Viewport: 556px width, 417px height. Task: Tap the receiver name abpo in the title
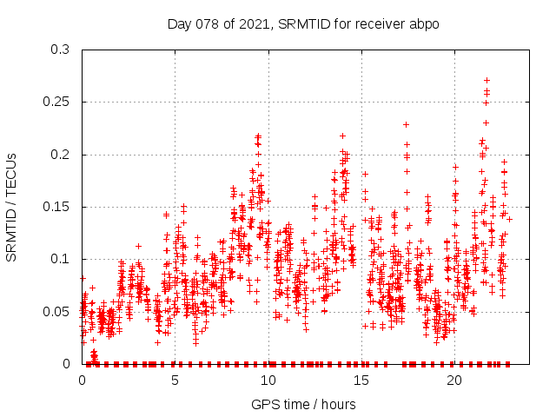[x=425, y=23]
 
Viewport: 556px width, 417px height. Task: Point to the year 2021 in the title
[x=248, y=23]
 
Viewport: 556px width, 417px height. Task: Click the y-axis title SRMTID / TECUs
[x=11, y=207]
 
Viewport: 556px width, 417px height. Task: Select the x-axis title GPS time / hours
[x=303, y=404]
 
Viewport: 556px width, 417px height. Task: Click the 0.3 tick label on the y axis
[x=60, y=50]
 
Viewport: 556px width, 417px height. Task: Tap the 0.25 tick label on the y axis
[x=56, y=102]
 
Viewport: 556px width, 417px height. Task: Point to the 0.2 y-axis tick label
[x=60, y=155]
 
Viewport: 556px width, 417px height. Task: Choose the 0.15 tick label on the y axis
[x=56, y=207]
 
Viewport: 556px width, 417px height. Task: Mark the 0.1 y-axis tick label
[x=60, y=259]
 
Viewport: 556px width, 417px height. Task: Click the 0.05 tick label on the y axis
[x=56, y=311]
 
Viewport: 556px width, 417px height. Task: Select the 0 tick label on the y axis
[x=67, y=364]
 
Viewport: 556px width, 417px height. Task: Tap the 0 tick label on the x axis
[x=83, y=380]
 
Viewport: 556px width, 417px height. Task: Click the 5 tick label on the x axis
[x=175, y=380]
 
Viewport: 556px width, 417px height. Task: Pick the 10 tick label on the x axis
[x=268, y=380]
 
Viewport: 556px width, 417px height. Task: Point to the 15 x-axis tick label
[x=361, y=380]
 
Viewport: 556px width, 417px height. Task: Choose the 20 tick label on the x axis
[x=454, y=380]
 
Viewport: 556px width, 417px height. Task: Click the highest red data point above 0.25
[x=486, y=80]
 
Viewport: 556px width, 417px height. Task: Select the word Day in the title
[x=178, y=23]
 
